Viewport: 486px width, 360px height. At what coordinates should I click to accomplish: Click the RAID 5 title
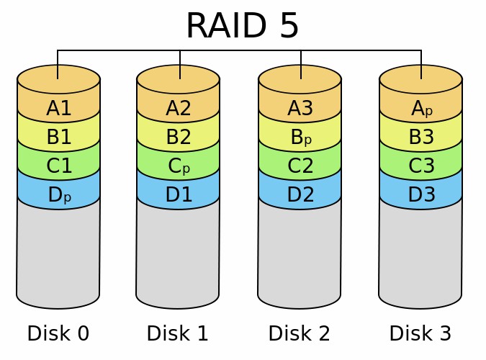click(x=242, y=26)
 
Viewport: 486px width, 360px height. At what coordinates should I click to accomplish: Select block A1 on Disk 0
click(x=58, y=108)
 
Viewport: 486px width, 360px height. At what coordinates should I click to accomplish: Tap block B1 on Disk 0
click(x=58, y=137)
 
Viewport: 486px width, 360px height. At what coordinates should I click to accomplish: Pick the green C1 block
click(x=58, y=166)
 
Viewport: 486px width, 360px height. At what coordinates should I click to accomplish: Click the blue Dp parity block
click(x=58, y=194)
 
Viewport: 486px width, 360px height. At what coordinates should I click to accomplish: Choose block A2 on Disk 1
click(x=178, y=108)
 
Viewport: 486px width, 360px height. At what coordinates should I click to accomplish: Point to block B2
click(x=178, y=137)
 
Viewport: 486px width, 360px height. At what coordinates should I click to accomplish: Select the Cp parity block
click(x=178, y=166)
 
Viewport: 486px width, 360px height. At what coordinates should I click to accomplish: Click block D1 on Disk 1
click(x=178, y=194)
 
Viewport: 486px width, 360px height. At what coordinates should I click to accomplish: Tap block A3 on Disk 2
click(x=300, y=108)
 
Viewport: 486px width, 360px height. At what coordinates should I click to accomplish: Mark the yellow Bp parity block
click(x=300, y=137)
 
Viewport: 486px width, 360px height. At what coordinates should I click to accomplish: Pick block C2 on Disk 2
click(x=300, y=166)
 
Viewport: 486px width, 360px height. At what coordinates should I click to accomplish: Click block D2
click(x=300, y=194)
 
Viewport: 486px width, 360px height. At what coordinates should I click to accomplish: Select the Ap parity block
click(x=420, y=108)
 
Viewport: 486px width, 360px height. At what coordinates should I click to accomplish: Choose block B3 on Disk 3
click(x=420, y=137)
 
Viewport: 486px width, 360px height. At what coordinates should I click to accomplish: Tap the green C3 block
click(x=420, y=166)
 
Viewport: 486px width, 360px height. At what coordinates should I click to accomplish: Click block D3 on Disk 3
click(x=420, y=194)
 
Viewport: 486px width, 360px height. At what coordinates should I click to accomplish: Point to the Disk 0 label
click(x=58, y=333)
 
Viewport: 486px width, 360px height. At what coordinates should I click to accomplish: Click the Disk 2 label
click(x=299, y=333)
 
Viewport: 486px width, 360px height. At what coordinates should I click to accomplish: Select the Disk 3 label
click(x=420, y=333)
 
